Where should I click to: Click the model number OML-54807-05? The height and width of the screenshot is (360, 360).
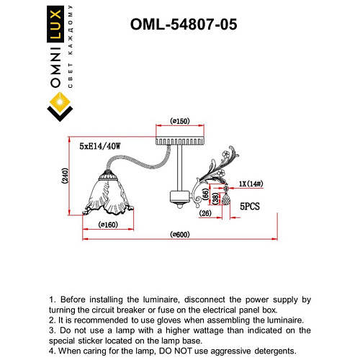point(183,24)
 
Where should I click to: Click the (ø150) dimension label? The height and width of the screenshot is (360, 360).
point(179,122)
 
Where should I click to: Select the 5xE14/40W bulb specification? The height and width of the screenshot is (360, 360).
point(101,146)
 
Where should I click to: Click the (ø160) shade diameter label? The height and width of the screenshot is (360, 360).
point(109,225)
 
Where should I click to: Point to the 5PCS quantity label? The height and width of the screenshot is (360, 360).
point(249,206)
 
